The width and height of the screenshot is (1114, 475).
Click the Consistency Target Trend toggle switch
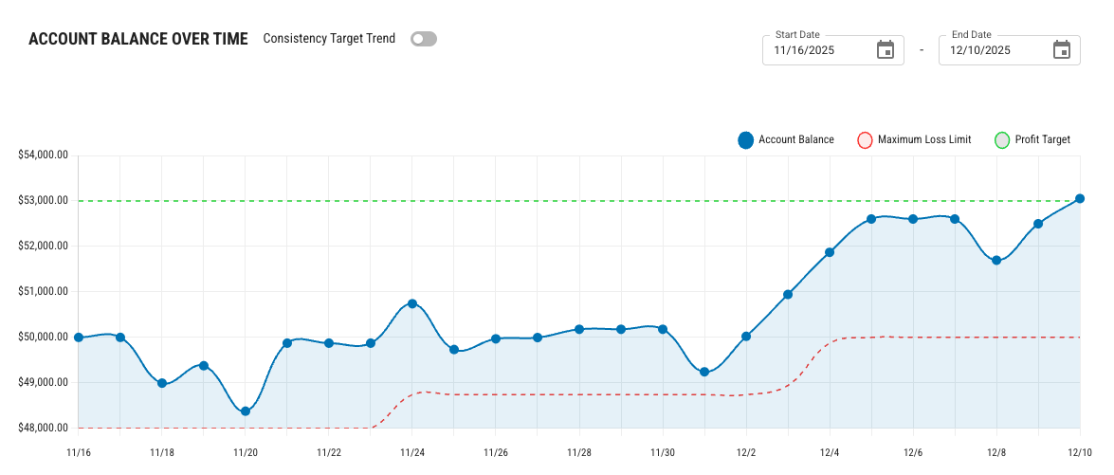tap(424, 39)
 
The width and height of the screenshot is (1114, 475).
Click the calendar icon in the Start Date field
tap(886, 50)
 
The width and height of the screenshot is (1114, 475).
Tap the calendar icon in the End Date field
tap(1062, 50)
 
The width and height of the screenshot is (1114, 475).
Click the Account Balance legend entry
tap(786, 140)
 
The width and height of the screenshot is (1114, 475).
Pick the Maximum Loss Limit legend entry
tap(914, 140)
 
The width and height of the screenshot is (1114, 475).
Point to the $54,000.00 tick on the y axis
tap(43, 155)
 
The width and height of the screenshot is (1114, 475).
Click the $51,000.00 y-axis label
tap(43, 292)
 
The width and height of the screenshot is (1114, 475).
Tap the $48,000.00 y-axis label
tap(43, 429)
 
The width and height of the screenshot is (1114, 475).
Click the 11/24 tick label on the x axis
tap(412, 453)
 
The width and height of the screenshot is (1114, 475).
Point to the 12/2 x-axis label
tap(746, 453)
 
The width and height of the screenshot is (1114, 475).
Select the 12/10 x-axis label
tap(1080, 453)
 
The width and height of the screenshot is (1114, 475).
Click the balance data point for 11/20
tap(246, 411)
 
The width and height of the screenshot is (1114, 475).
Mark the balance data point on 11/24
tap(412, 303)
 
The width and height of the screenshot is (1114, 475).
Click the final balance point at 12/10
tap(1080, 199)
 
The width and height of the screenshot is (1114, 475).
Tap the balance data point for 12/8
tap(996, 261)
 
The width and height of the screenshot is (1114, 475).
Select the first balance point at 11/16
tap(79, 338)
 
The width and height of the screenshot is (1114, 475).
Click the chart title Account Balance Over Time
tap(138, 39)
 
